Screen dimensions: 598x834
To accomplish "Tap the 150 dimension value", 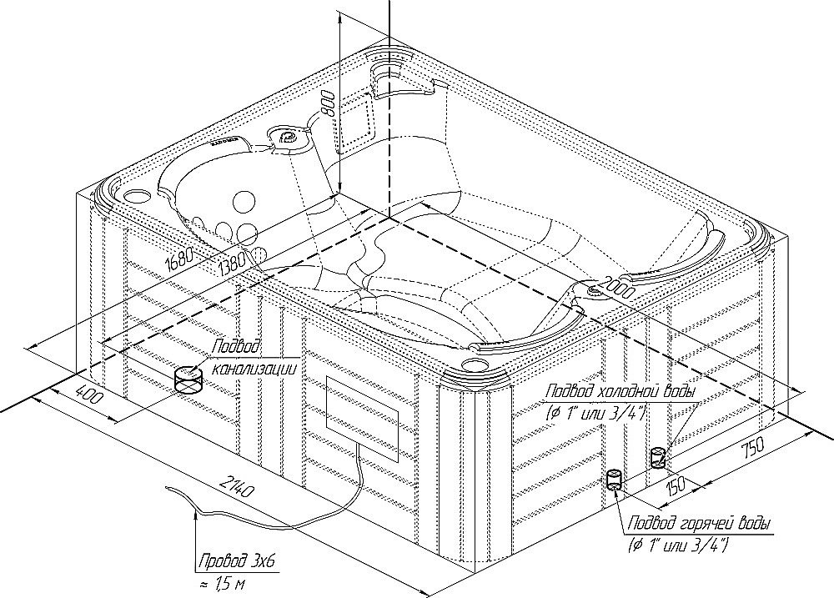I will [676, 485].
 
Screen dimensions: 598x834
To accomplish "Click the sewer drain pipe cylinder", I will [189, 381].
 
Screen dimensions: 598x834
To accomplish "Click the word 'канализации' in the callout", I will [254, 366].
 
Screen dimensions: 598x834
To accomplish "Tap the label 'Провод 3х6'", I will [235, 563].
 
